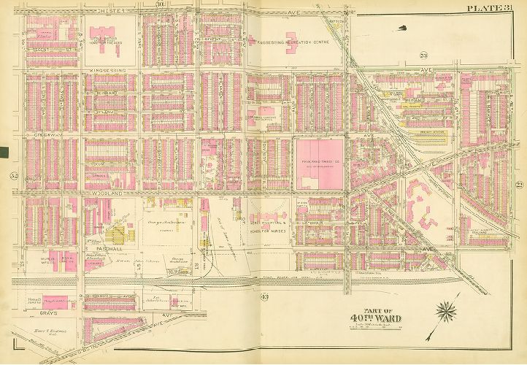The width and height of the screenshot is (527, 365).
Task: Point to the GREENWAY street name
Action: tap(45, 135)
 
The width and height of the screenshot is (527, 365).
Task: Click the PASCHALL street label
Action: tap(101, 248)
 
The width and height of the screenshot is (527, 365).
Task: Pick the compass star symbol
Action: tap(446, 313)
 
